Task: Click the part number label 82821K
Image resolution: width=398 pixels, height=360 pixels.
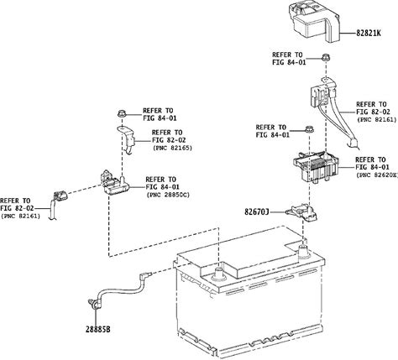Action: pyautogui.click(x=369, y=33)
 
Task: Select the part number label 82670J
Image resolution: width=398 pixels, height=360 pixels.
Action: pyautogui.click(x=257, y=212)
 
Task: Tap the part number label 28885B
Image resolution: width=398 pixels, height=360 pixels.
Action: pyautogui.click(x=98, y=329)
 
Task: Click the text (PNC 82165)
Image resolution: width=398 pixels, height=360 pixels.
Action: pyautogui.click(x=172, y=148)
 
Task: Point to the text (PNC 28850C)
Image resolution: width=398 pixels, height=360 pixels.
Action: pyautogui.click(x=168, y=195)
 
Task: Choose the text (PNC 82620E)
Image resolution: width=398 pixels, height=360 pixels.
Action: pyautogui.click(x=377, y=175)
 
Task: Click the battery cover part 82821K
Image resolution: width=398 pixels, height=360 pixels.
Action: pyautogui.click(x=314, y=21)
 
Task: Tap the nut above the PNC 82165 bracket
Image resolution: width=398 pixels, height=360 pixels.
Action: pyautogui.click(x=122, y=114)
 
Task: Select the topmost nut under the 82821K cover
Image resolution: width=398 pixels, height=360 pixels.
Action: pyautogui.click(x=326, y=57)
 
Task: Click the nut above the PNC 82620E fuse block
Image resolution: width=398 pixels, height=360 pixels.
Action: pyautogui.click(x=309, y=129)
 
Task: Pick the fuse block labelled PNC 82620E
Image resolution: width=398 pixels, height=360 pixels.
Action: pyautogui.click(x=316, y=167)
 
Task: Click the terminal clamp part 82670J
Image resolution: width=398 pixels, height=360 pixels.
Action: pyautogui.click(x=301, y=212)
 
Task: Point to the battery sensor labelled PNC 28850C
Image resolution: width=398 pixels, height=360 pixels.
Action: pyautogui.click(x=114, y=182)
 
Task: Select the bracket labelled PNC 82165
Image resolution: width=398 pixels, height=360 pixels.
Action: pyautogui.click(x=127, y=139)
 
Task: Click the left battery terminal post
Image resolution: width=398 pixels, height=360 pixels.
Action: pyautogui.click(x=219, y=274)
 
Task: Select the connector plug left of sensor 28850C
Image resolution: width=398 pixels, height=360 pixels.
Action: pyautogui.click(x=60, y=196)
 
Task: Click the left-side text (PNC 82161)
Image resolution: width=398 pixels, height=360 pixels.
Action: pyautogui.click(x=20, y=217)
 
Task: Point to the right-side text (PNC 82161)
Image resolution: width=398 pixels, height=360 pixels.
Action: pyautogui.click(x=377, y=119)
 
